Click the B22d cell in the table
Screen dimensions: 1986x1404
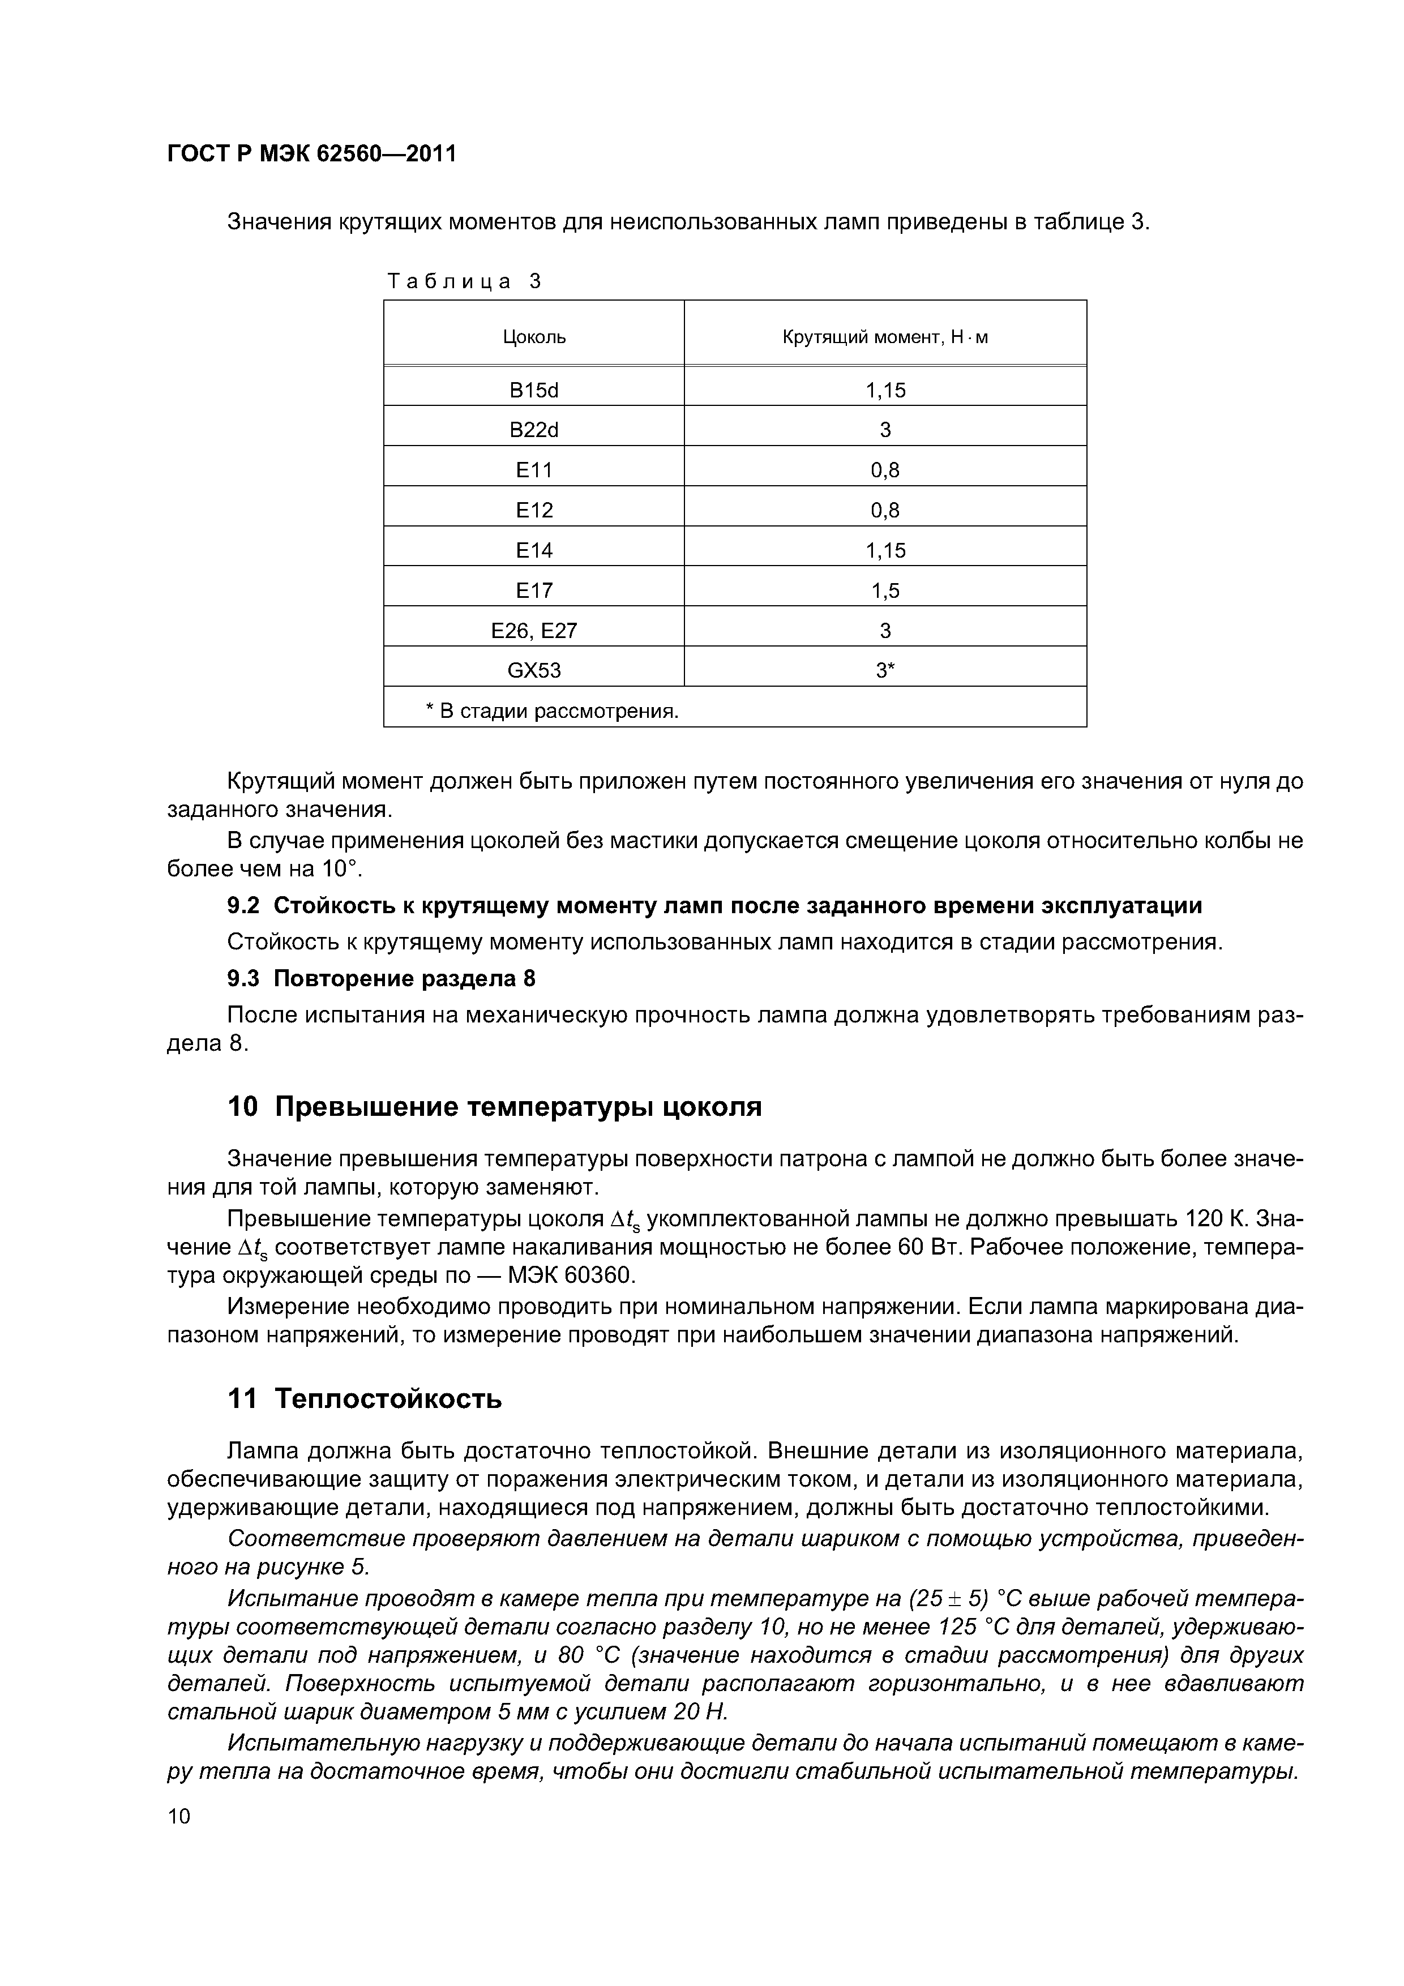(534, 430)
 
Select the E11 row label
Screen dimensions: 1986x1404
(534, 470)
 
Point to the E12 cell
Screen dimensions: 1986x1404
(534, 510)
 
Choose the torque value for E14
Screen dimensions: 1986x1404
(885, 550)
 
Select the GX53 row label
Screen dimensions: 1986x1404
(534, 670)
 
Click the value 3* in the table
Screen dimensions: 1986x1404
(885, 670)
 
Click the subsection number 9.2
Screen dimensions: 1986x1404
(243, 906)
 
